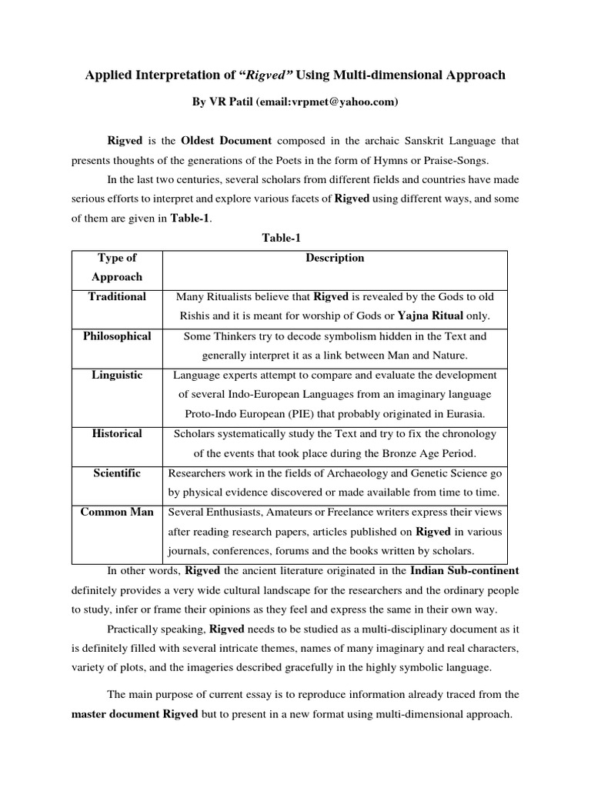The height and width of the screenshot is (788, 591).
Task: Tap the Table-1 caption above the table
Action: [280, 239]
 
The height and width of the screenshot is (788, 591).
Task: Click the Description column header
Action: [335, 258]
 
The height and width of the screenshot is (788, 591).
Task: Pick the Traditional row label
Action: [117, 296]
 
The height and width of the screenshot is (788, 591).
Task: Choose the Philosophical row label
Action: [117, 336]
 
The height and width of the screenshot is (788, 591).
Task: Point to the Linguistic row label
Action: [117, 376]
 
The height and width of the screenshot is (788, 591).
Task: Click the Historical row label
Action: [117, 434]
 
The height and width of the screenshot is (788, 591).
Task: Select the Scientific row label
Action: [117, 473]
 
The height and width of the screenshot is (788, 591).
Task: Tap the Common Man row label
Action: [117, 513]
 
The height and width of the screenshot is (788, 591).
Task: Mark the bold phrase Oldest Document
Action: [226, 141]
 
